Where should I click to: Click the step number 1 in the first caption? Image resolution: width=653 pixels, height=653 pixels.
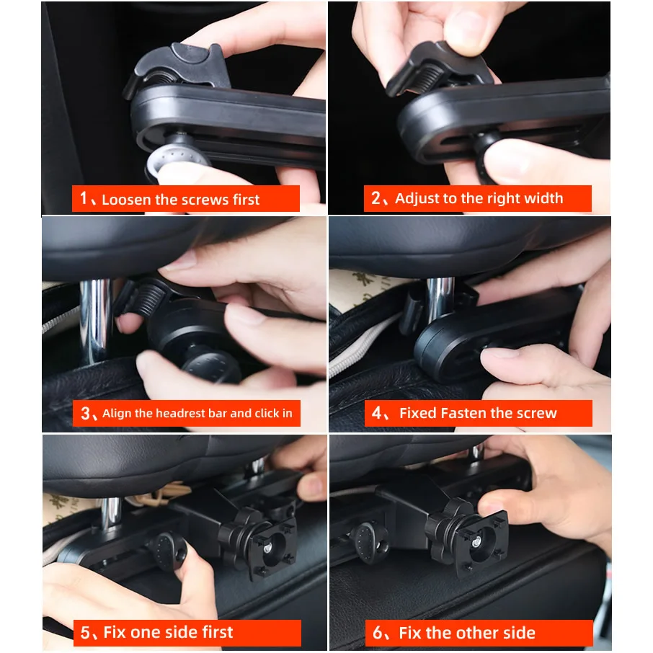coord(84,198)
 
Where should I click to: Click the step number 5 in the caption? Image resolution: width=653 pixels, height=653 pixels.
coord(85,633)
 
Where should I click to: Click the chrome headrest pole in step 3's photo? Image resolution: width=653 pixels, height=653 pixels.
coord(96,321)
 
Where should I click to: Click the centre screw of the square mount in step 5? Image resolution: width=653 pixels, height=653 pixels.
coord(267,547)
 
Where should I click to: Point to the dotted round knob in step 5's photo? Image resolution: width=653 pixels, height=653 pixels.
coord(169,551)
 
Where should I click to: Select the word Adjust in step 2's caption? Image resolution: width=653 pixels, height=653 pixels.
coord(417,199)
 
